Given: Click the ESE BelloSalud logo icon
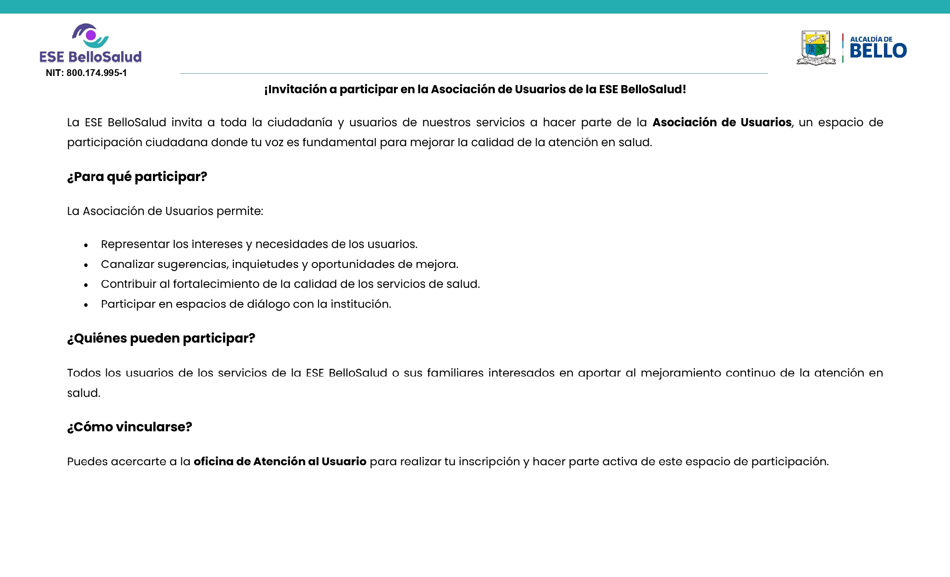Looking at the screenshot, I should pyautogui.click(x=90, y=36).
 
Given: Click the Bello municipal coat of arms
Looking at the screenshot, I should pyautogui.click(x=816, y=48).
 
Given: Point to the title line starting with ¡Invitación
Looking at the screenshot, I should pyautogui.click(x=475, y=89).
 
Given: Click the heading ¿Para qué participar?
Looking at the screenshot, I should pyautogui.click(x=137, y=176).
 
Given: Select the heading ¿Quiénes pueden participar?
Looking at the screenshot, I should pyautogui.click(x=161, y=338).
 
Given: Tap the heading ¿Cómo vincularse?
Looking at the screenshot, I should pyautogui.click(x=129, y=427).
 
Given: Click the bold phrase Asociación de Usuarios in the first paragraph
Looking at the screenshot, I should pyautogui.click(x=722, y=122).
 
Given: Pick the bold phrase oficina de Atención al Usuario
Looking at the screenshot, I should pyautogui.click(x=280, y=461).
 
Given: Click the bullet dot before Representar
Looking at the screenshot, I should pyautogui.click(x=86, y=245).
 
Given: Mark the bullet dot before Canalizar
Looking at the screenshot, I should pyautogui.click(x=86, y=265).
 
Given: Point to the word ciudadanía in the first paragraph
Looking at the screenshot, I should pyautogui.click(x=299, y=122).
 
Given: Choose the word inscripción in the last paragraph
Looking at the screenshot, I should pyautogui.click(x=489, y=461).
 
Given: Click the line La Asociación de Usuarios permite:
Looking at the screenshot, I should pyautogui.click(x=165, y=211).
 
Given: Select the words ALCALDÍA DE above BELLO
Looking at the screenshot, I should pyautogui.click(x=871, y=39).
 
